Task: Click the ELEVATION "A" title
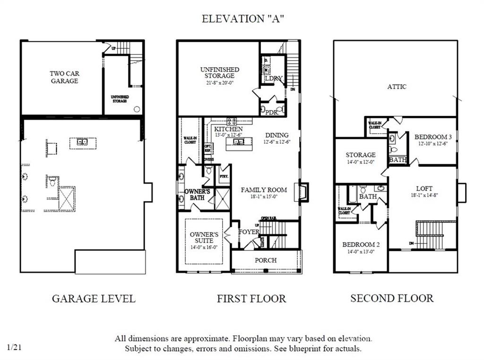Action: coord(242,19)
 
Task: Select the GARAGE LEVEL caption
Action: coord(94,299)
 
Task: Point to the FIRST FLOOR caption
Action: coord(251,299)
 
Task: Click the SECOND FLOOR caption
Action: coord(391,298)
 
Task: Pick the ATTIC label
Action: coord(397,87)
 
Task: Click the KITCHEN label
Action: coord(228,129)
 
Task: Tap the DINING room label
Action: coord(277,135)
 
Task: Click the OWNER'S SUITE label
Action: coord(204,237)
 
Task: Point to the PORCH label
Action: coord(266,260)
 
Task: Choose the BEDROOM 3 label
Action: coord(433,137)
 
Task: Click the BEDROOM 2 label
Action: coord(361,245)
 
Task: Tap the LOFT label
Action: coord(424,188)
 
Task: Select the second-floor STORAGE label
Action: coord(360,155)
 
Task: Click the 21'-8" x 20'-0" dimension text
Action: coord(219,82)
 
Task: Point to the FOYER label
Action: coord(249,232)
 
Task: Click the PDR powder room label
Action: coord(272,113)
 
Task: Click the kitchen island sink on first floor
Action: coord(239,141)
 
